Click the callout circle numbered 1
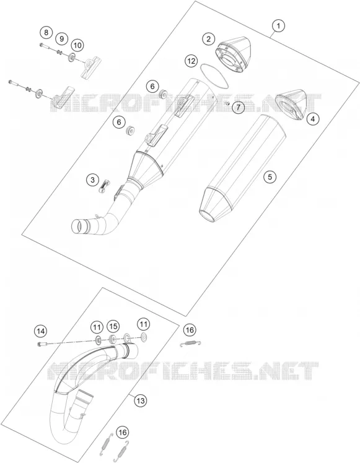(278, 26)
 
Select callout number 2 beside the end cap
(209, 39)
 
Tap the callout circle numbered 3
(93, 180)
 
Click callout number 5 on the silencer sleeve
(270, 177)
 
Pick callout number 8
(46, 32)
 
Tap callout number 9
(61, 38)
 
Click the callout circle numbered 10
(77, 45)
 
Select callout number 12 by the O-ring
(191, 61)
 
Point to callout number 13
(141, 400)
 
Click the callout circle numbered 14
(40, 331)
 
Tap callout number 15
(113, 326)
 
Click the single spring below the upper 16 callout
(191, 343)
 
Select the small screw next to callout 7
(227, 103)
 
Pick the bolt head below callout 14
(40, 344)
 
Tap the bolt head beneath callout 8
(41, 45)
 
